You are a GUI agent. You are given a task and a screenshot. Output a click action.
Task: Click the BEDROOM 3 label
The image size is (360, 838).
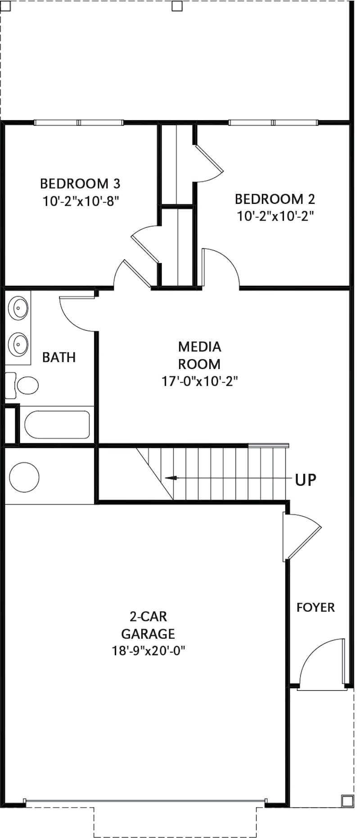point(80,184)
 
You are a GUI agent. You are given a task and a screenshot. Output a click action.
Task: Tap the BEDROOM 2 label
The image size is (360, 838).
point(275,198)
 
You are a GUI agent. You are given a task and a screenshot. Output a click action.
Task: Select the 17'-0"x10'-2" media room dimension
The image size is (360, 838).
point(199,381)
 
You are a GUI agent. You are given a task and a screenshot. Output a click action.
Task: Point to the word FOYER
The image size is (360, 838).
point(315,608)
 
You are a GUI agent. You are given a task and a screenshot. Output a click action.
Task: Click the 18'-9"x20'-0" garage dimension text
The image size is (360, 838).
point(148,651)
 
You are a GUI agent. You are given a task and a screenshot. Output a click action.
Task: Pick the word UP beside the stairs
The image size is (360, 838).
point(306,480)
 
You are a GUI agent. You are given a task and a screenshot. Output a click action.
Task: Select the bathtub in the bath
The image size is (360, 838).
point(57,424)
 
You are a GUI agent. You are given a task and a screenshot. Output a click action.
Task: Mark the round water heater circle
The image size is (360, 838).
point(24,477)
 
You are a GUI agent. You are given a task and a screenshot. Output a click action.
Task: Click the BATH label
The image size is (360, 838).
point(59,357)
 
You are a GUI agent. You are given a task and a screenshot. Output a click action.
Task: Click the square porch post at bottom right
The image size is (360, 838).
point(347,801)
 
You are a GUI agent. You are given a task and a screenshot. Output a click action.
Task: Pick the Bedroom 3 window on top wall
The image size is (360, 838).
point(79,122)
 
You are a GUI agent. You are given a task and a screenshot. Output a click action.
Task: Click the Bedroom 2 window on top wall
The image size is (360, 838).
point(273,122)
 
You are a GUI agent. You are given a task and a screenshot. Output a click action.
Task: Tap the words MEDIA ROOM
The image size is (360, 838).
point(199,355)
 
